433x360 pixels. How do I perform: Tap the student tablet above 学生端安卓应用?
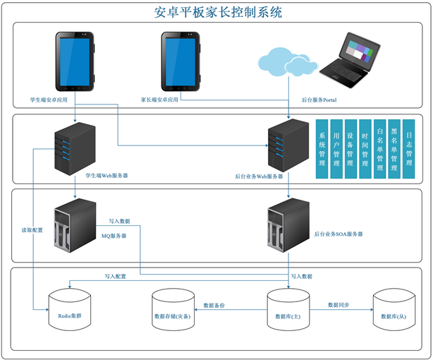click(x=75, y=61)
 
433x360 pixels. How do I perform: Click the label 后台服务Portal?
click(x=319, y=101)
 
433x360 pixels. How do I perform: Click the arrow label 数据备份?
click(x=213, y=305)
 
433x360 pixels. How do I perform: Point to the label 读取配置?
click(x=32, y=231)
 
